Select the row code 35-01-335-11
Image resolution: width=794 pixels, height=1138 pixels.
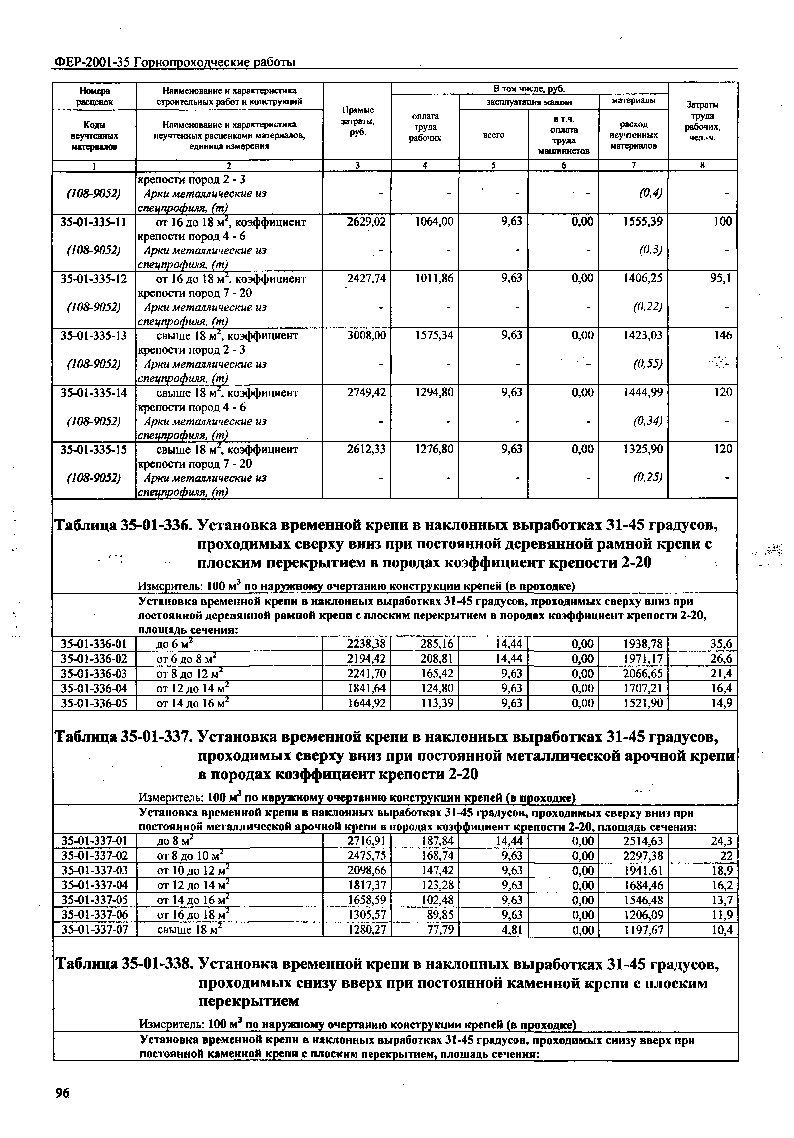(x=94, y=222)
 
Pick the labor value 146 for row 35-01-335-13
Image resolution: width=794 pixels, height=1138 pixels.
(x=722, y=335)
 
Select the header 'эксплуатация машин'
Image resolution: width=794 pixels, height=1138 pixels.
(x=528, y=102)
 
